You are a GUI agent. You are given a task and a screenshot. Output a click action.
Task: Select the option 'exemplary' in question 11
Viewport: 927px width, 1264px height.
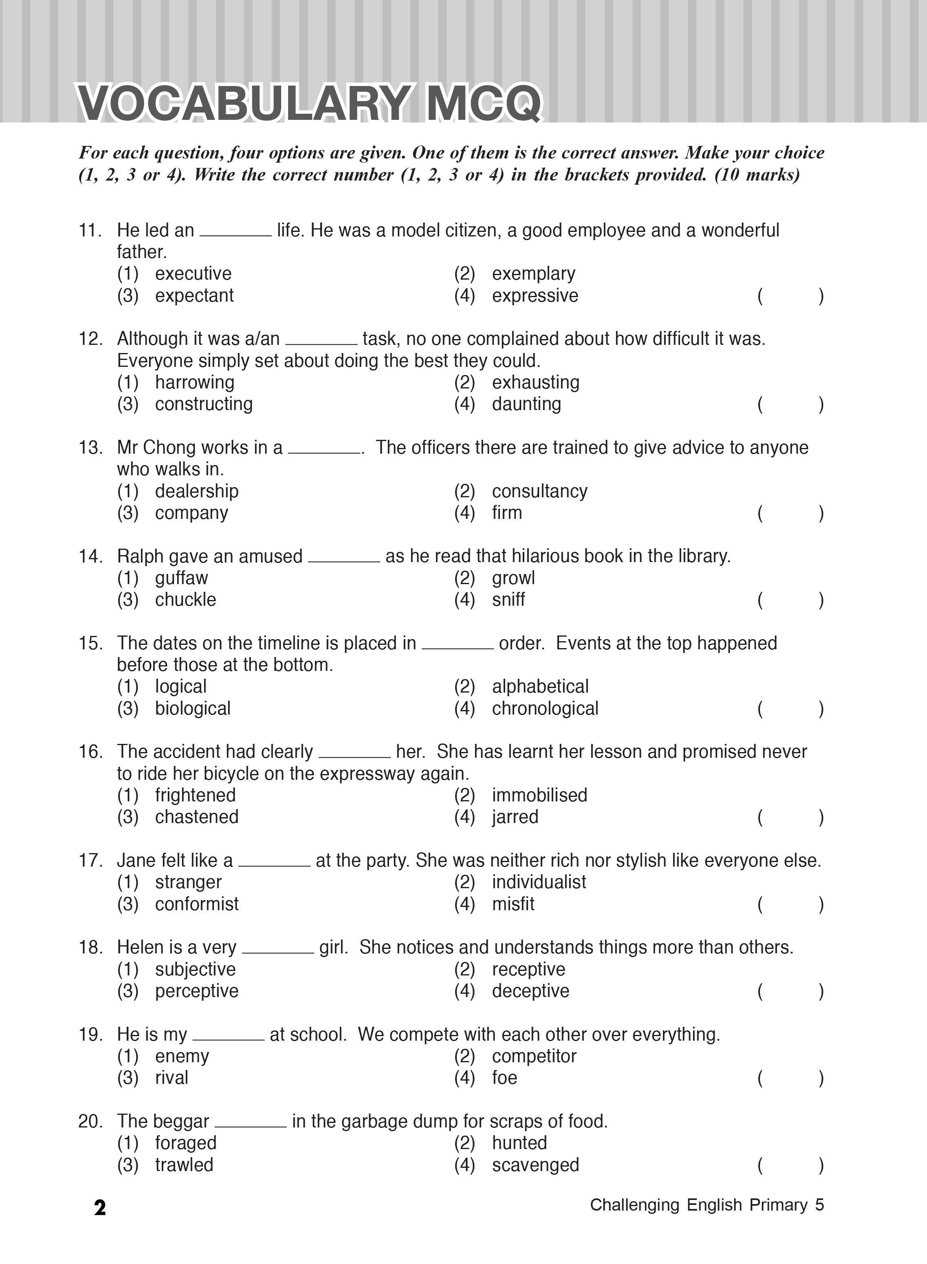533,274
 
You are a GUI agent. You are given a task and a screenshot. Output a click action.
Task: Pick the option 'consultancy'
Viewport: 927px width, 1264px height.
539,491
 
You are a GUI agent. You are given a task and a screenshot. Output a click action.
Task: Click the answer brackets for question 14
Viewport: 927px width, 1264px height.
790,600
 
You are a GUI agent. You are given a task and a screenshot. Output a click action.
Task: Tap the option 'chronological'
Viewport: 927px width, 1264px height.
545,708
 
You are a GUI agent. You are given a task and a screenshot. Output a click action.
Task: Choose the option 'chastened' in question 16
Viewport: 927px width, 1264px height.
196,817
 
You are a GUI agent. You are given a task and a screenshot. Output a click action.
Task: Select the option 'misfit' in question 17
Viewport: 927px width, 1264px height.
513,904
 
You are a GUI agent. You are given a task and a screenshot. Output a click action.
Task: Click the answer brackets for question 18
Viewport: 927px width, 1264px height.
790,991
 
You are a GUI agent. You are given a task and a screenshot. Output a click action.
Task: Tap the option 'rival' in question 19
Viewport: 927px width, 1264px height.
171,1078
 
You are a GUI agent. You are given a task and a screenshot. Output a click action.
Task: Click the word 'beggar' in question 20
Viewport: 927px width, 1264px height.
181,1121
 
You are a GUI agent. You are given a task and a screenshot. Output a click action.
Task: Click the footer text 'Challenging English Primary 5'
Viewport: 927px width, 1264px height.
707,1205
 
